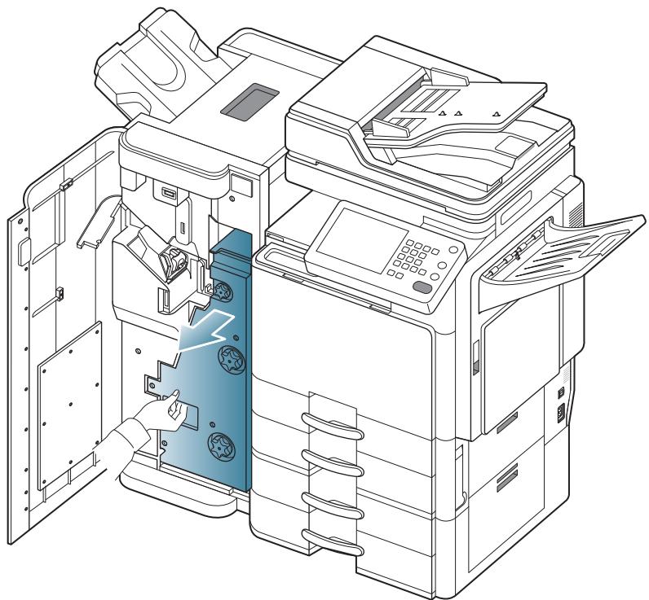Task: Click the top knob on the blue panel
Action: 221,288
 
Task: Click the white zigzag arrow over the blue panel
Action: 205,331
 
